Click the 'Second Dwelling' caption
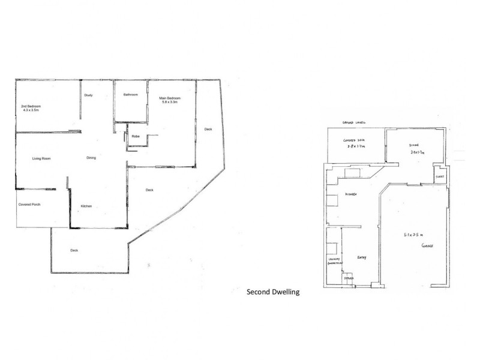tap(273, 293)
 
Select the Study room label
tap(88, 95)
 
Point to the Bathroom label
tap(131, 95)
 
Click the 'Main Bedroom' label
tap(170, 98)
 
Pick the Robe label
tap(136, 137)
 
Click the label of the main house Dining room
tap(91, 158)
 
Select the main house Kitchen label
tap(86, 206)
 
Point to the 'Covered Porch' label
tap(29, 205)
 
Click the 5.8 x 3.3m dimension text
tap(170, 103)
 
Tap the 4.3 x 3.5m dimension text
tap(31, 110)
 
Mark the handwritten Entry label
tap(361, 258)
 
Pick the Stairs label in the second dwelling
tap(348, 278)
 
